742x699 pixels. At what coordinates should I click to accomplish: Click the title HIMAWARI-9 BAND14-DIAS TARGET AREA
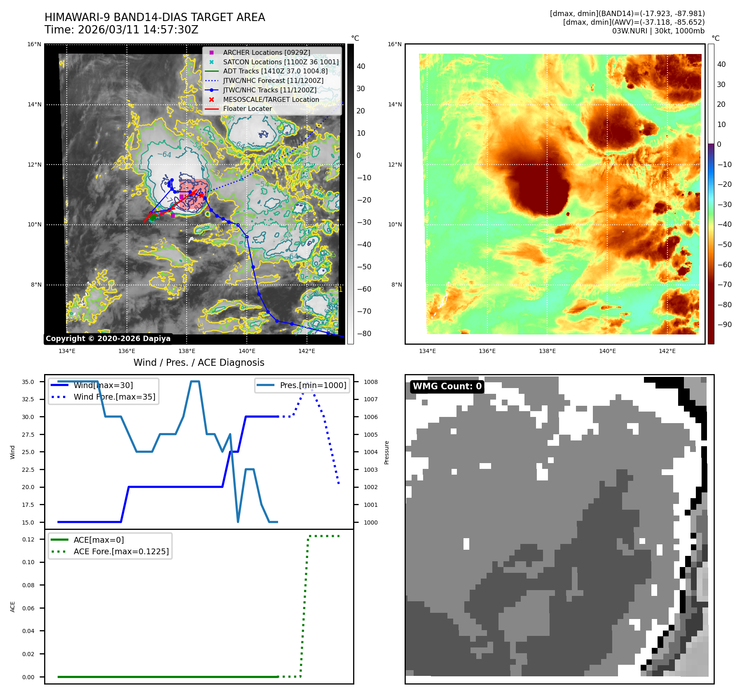pos(154,17)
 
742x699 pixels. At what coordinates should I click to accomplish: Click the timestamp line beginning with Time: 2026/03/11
pos(122,30)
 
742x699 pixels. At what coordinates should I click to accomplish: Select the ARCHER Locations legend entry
pos(266,52)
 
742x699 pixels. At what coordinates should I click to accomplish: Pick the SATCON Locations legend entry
pos(281,62)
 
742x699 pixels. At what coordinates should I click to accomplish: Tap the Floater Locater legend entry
pos(247,109)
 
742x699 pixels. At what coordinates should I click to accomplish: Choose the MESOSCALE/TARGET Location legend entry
pos(271,99)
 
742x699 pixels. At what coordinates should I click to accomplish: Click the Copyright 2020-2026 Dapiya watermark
pos(108,339)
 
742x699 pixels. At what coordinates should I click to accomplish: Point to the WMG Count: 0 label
pos(447,386)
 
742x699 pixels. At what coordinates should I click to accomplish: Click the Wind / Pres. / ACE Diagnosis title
pos(199,362)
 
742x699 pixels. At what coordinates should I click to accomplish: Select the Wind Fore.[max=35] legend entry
pos(114,397)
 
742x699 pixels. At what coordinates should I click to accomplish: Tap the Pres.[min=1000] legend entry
pos(313,385)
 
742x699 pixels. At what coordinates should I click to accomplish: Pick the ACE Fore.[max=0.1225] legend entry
pos(121,551)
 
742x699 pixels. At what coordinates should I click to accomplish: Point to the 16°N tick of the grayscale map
pos(35,45)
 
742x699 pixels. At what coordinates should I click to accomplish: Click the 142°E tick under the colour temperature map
pos(667,351)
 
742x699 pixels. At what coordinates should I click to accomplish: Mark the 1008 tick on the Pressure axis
pos(370,382)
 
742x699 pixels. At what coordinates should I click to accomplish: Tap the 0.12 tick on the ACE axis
pos(28,539)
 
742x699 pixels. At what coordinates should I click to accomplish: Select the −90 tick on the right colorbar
pos(724,325)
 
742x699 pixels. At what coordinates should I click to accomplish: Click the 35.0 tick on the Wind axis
pos(28,382)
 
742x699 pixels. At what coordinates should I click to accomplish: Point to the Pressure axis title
pos(386,452)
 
